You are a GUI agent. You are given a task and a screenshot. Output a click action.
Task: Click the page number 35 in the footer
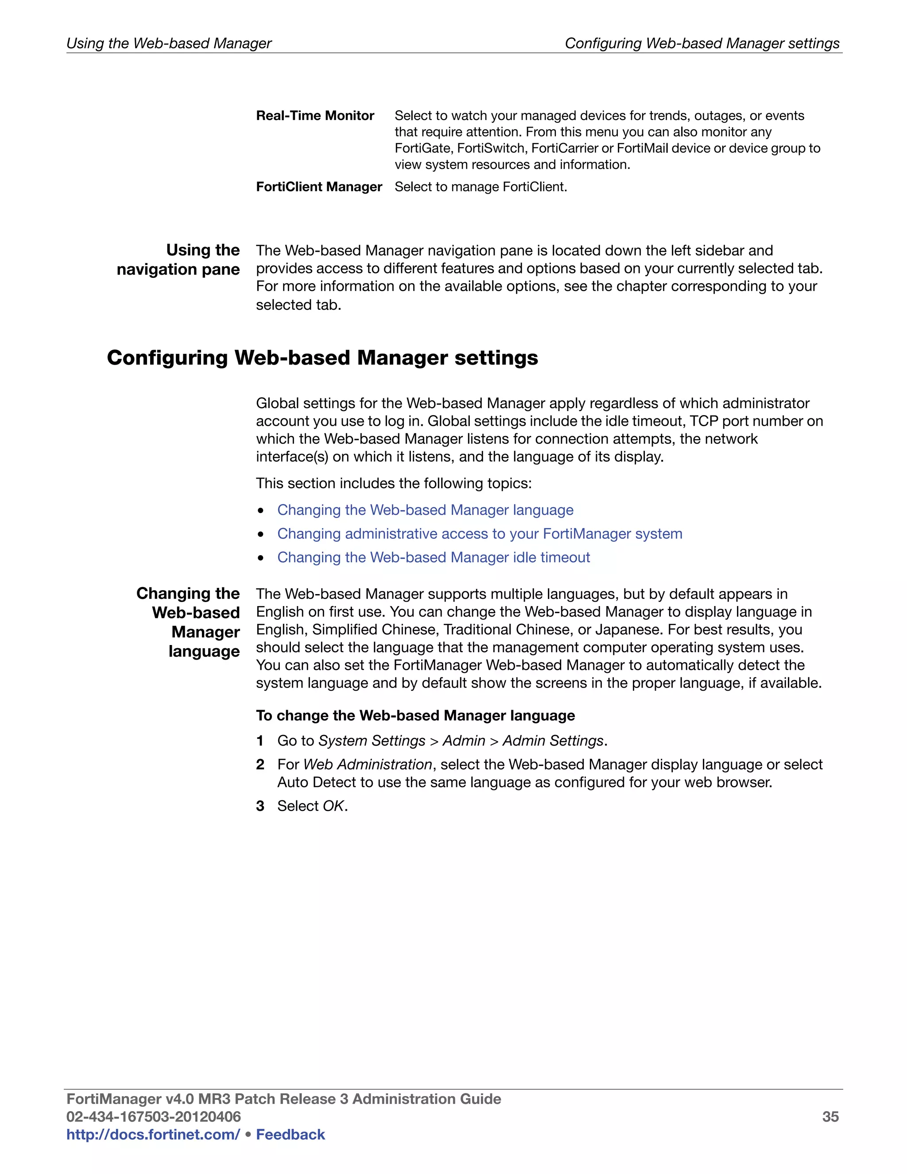point(830,1116)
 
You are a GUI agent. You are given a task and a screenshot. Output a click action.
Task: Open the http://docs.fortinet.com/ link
point(153,1134)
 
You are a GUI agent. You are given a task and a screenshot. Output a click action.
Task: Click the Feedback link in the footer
point(290,1134)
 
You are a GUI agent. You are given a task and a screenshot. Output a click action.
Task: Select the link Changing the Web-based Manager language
point(425,509)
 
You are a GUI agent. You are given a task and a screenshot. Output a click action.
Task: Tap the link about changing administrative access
point(479,533)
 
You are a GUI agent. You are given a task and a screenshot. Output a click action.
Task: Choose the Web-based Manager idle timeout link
point(433,557)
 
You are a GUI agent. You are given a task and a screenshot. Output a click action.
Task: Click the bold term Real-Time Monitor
point(315,116)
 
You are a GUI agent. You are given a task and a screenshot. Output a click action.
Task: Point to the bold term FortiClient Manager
point(318,187)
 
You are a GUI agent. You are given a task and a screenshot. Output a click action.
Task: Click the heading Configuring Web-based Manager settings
point(322,358)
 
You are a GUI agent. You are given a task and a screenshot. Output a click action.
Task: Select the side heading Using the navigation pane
point(178,260)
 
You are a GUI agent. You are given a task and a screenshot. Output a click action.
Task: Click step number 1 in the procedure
point(260,741)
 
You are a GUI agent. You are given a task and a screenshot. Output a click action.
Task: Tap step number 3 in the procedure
point(260,806)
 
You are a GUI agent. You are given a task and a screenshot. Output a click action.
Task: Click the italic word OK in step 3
point(333,806)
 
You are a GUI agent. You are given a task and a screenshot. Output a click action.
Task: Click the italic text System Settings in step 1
point(372,741)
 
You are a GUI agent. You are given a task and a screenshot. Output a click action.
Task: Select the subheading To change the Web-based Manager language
point(415,715)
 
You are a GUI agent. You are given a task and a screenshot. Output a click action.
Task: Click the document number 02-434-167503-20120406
point(153,1116)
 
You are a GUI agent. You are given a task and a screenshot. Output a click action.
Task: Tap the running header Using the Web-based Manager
point(169,43)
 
